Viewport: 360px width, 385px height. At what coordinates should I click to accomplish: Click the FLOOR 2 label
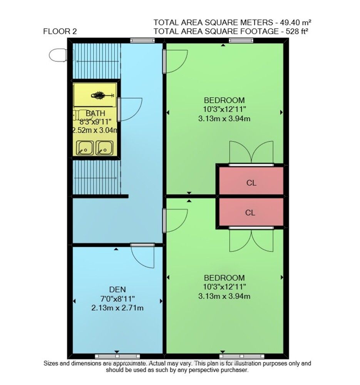60,32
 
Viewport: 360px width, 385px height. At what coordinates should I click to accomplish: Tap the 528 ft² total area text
296,32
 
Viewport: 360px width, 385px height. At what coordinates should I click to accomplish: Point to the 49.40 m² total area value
296,22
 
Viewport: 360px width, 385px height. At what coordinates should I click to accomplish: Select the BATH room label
95,114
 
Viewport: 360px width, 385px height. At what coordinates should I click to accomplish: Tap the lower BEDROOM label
224,278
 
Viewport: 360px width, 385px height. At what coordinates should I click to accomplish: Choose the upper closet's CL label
251,183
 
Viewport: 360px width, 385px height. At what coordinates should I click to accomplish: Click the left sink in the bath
84,147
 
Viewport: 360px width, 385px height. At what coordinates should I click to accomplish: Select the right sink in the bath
104,147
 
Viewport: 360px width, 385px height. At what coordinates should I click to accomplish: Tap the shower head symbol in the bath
99,95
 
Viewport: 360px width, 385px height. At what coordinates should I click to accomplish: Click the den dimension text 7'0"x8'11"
117,299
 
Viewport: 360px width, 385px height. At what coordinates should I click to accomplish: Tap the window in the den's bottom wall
117,356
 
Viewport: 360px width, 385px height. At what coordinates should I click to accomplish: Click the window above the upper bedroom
241,40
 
